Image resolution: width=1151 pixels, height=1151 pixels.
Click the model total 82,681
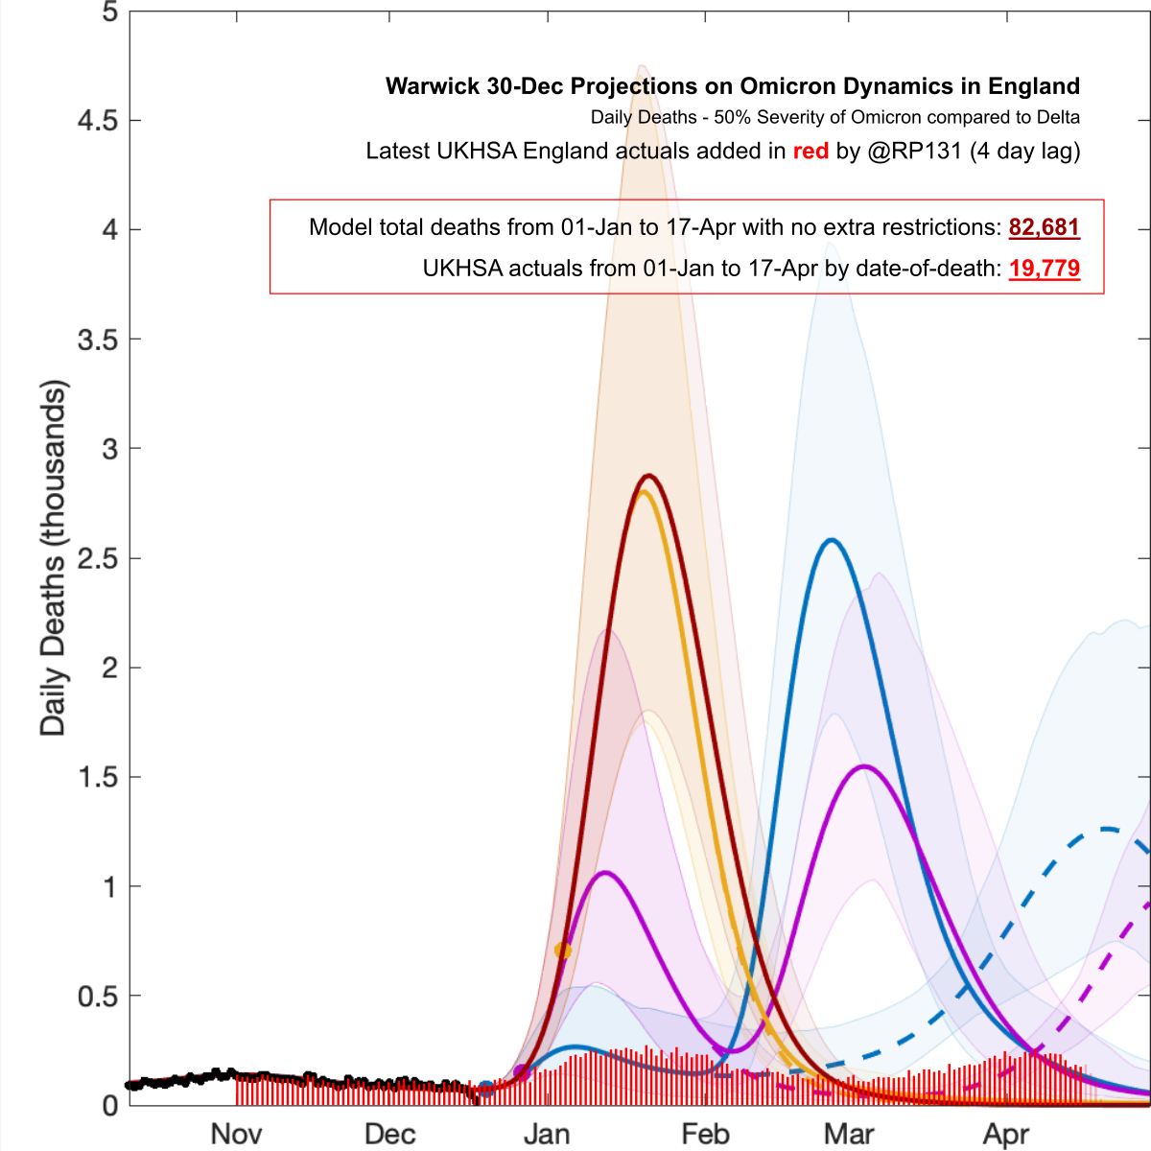[1044, 227]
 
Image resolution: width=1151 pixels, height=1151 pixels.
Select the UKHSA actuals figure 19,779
[1044, 268]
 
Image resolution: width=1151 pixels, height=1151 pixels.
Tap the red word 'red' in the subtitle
[810, 151]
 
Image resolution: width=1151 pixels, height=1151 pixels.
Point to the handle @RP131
[913, 151]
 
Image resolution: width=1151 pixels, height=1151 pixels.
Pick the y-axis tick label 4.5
[97, 120]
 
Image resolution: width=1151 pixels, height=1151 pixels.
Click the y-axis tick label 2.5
[97, 558]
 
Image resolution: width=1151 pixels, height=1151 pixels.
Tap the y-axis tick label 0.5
[97, 997]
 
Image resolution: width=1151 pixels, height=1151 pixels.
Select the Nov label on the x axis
[236, 1134]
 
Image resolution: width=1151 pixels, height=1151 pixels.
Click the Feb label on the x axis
[705, 1134]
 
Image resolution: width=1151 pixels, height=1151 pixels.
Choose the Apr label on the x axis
[1006, 1134]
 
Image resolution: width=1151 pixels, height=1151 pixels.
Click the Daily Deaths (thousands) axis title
[53, 558]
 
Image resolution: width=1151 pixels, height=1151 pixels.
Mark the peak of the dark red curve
[649, 476]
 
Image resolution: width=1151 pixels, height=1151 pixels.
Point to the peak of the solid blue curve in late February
[831, 541]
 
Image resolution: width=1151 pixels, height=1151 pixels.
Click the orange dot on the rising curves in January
[563, 951]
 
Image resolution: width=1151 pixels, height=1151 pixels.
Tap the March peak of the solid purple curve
[864, 766]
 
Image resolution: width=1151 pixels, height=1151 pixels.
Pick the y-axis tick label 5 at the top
[110, 12]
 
